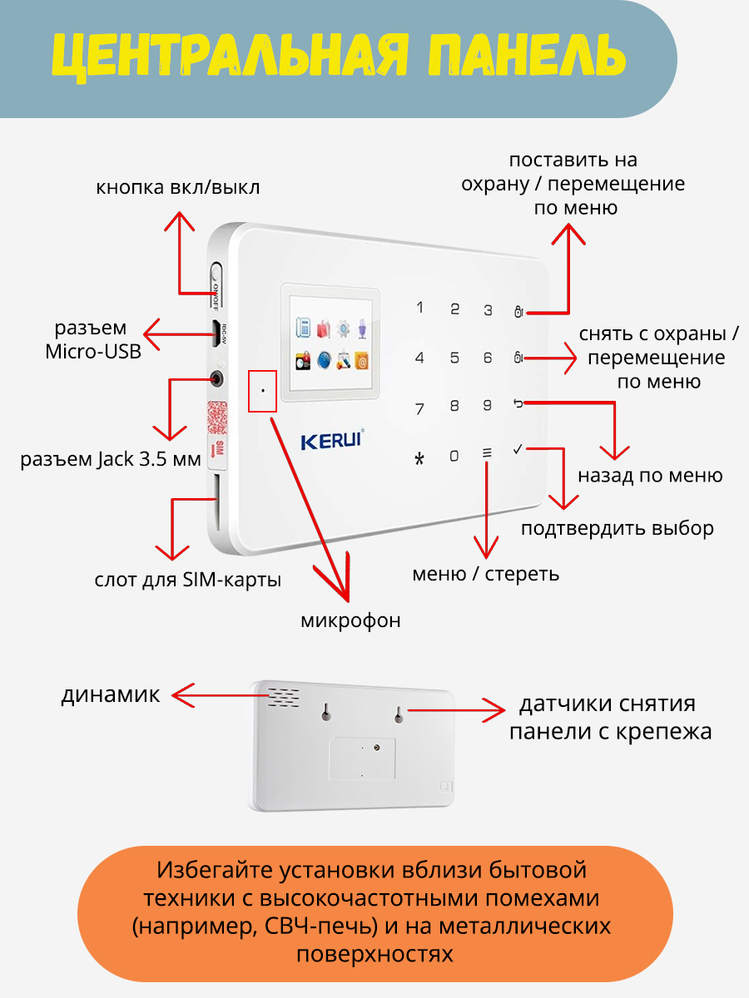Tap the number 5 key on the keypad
454,358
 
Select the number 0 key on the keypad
454,456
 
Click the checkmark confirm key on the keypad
518,450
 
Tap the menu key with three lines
488,454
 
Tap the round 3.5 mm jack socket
218,379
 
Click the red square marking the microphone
263,390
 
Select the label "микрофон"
350,620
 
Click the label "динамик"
110,695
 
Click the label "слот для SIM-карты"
187,580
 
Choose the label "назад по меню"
650,476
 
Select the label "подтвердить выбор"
618,529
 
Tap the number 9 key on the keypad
488,406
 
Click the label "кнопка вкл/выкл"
177,187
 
